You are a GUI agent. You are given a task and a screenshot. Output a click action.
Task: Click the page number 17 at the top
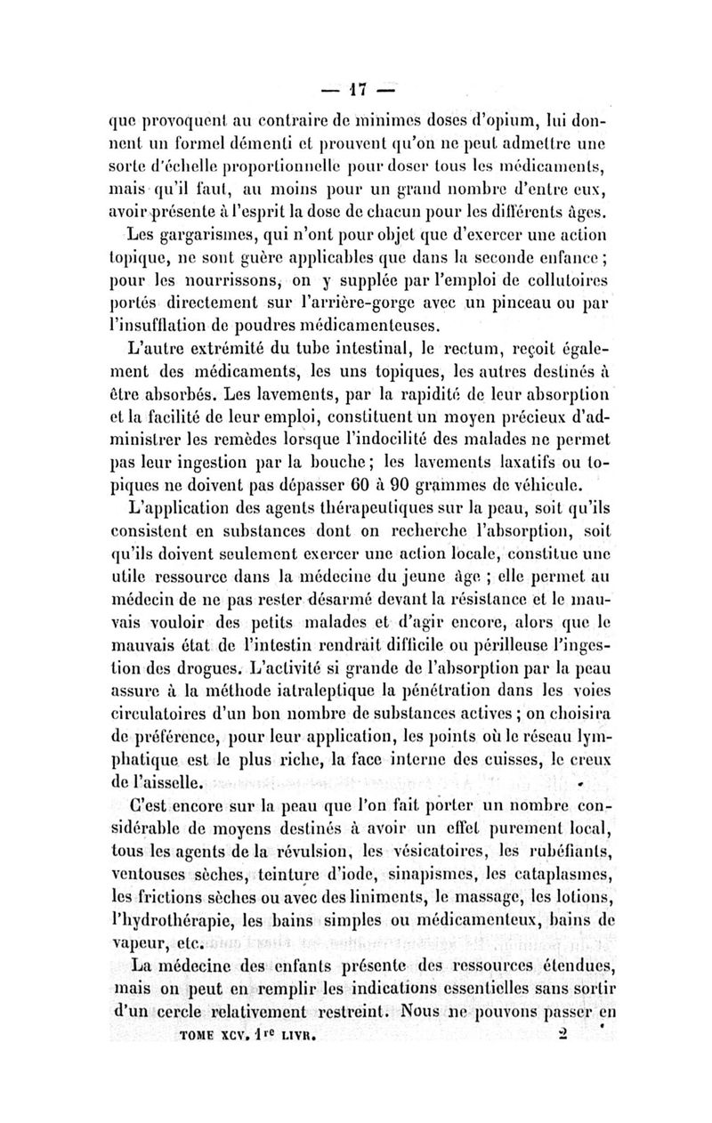coord(356,89)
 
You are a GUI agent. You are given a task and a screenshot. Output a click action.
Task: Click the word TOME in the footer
coord(198,1036)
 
